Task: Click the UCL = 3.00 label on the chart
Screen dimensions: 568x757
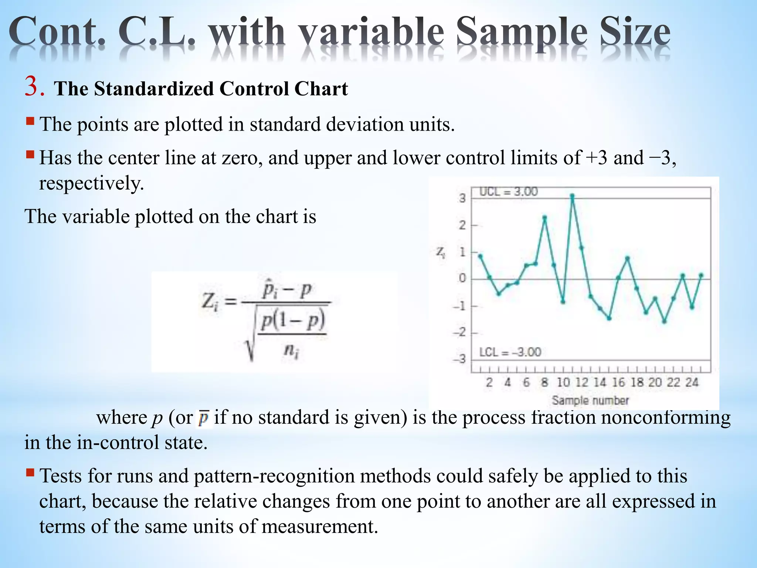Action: pos(508,192)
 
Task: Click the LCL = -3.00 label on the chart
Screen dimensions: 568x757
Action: pos(510,352)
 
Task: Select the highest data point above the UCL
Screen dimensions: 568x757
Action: pos(572,196)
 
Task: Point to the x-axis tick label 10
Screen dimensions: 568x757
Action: pos(563,382)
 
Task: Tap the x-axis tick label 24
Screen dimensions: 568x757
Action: pos(692,382)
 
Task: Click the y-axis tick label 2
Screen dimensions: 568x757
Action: pos(462,225)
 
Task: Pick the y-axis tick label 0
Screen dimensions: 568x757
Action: pos(462,278)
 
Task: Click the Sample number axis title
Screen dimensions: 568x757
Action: pos(590,400)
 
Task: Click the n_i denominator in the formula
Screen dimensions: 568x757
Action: pos(291,350)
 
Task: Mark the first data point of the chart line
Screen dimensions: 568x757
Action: pos(480,256)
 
